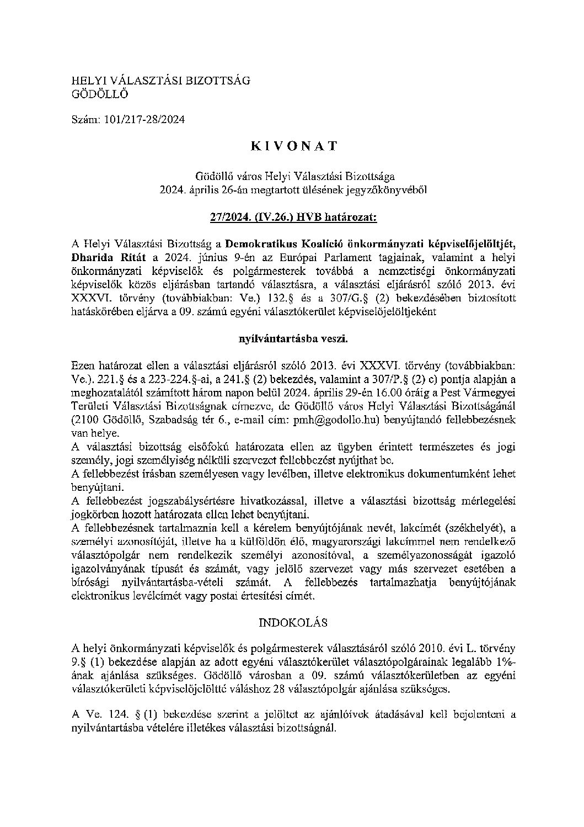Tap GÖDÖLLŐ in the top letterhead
click(x=100, y=94)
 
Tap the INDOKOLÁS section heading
click(x=293, y=622)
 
